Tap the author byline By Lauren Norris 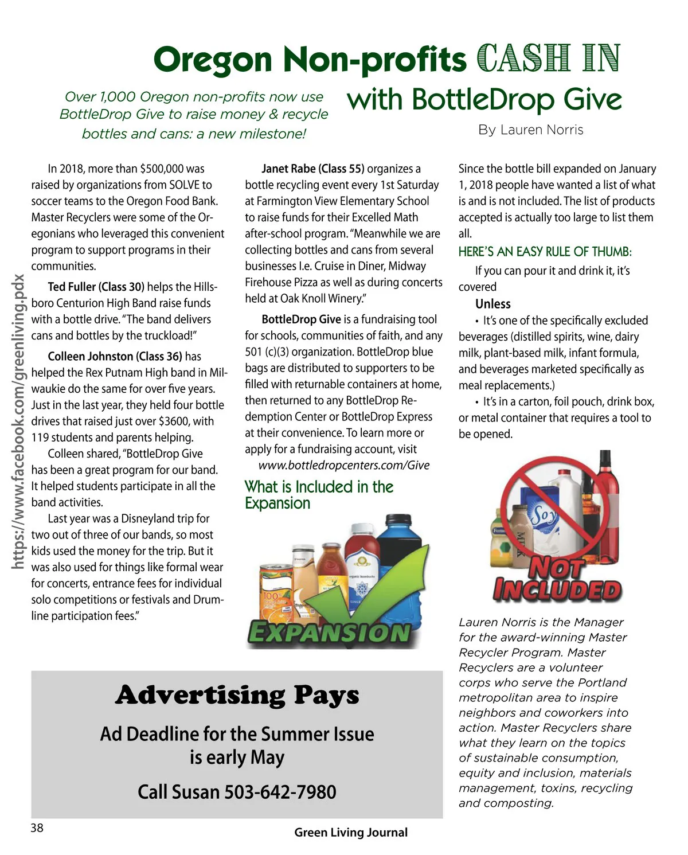530,130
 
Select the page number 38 37,827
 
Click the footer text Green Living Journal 351,832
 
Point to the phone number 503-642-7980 280,792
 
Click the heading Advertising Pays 237,695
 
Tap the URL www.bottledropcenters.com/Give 343,465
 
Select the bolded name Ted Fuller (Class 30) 96,287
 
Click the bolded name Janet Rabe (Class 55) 312,169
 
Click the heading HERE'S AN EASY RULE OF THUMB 545,252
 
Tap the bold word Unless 492,304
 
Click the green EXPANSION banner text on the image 330,633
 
